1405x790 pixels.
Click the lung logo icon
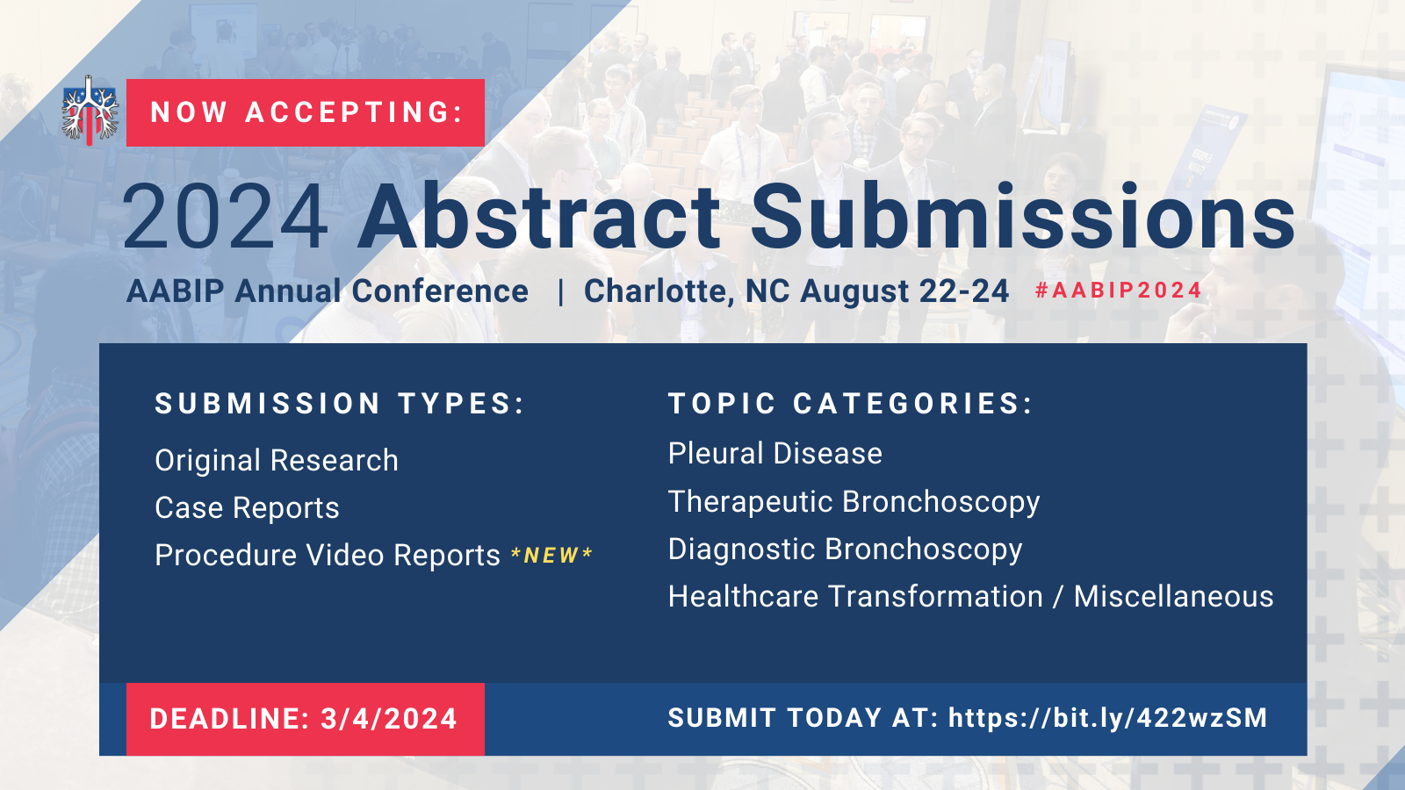point(90,111)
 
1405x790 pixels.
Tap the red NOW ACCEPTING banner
point(306,113)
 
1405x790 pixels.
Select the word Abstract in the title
point(539,216)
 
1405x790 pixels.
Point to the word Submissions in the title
point(1023,216)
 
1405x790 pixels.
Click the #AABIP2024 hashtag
point(1119,291)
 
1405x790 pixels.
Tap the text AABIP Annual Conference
point(328,291)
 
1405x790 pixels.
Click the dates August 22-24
point(904,291)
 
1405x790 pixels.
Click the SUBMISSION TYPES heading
point(339,403)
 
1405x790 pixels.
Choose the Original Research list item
point(277,461)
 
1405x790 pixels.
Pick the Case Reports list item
point(247,508)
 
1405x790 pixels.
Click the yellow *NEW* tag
point(552,555)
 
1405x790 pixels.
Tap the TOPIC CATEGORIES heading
point(851,403)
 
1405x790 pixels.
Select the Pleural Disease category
point(775,453)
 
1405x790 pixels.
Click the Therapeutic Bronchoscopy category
point(854,502)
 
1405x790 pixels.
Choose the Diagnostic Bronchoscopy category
point(846,549)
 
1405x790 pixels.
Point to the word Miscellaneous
point(1173,596)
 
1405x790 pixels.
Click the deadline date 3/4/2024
point(389,719)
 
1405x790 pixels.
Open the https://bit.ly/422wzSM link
point(1107,719)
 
